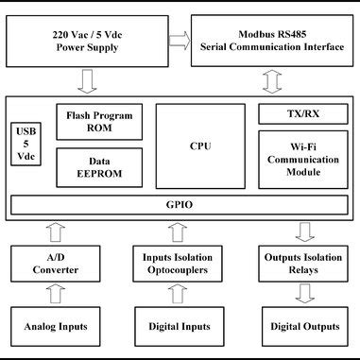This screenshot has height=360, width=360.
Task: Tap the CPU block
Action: point(201,147)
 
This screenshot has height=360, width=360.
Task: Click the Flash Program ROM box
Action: point(99,122)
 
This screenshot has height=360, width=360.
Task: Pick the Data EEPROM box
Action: point(99,167)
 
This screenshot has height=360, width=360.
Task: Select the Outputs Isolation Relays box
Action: point(304,264)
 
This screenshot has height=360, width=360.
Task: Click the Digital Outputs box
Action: point(304,327)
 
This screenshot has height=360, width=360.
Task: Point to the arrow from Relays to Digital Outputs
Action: point(304,295)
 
